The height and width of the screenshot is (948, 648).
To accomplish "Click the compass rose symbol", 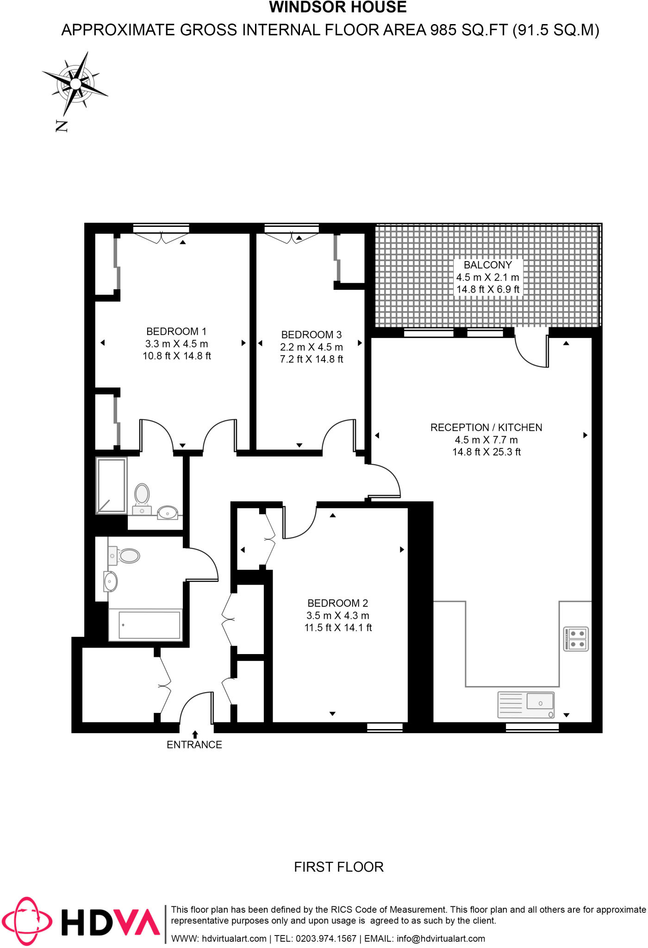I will (x=75, y=84).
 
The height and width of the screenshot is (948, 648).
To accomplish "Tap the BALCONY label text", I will (x=488, y=265).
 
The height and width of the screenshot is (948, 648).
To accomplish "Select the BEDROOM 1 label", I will (x=176, y=331).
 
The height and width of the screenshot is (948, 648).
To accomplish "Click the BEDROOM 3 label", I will (x=312, y=335).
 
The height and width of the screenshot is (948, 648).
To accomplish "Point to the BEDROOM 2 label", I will (x=338, y=603).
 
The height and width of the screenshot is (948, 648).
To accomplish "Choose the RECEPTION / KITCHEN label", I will (x=486, y=428).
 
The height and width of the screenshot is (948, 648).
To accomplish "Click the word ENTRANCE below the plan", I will (x=194, y=745).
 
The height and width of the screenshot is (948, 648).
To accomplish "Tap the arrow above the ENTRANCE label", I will (x=195, y=734).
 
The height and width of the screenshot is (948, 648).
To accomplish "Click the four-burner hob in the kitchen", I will (x=576, y=639).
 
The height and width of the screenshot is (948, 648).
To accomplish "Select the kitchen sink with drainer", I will (x=526, y=705).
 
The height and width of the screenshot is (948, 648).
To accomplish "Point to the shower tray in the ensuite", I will (x=112, y=486).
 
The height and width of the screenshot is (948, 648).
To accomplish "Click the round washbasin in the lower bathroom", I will (x=111, y=581).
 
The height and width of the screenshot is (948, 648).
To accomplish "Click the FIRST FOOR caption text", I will (x=339, y=867).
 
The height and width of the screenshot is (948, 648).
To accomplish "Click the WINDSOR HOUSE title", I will (x=338, y=7).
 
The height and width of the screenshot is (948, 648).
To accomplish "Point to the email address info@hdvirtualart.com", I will (x=441, y=939).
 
